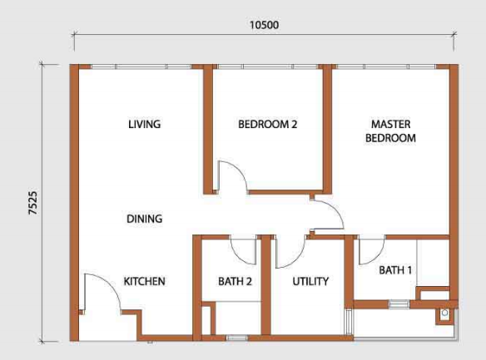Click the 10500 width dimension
(264, 25)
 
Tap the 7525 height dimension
(32, 203)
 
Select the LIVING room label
(145, 124)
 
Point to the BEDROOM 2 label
(267, 124)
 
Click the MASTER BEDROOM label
(390, 131)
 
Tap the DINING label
(145, 219)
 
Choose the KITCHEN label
(145, 281)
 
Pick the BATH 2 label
(235, 281)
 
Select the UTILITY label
(310, 281)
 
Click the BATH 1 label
(395, 270)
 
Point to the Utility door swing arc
(296, 260)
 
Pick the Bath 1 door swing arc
(378, 258)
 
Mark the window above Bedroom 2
(267, 67)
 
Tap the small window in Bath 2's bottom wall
(237, 338)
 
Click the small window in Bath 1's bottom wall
(399, 304)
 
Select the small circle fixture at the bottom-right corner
(444, 313)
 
